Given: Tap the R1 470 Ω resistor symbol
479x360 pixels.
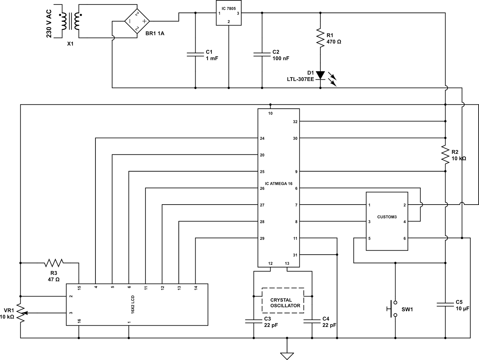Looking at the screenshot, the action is pos(320,37).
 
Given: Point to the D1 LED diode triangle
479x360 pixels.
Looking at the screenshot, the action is pos(320,75).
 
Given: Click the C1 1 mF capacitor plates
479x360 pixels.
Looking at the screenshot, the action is pos(195,55).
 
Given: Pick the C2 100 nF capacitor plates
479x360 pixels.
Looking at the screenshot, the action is pos(262,55).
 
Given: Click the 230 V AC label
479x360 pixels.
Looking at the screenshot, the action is pos(49,24).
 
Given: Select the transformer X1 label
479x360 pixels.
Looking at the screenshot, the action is pos(70,44).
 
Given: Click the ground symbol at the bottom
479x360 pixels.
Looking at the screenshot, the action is pos(287,356).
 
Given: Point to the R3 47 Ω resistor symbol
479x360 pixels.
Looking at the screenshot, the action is pos(54,263).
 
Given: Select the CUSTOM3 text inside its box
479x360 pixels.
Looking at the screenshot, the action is pos(387,217).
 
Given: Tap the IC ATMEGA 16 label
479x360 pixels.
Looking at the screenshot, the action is pos(279,184).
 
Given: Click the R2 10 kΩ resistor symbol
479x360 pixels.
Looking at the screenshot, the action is pos(445,155).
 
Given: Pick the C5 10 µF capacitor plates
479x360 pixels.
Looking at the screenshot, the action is pos(445,305).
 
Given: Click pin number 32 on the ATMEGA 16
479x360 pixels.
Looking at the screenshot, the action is pos(295,122).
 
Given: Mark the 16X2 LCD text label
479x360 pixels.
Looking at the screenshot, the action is pos(133,305).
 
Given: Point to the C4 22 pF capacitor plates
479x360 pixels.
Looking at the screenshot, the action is pos(312,321).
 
